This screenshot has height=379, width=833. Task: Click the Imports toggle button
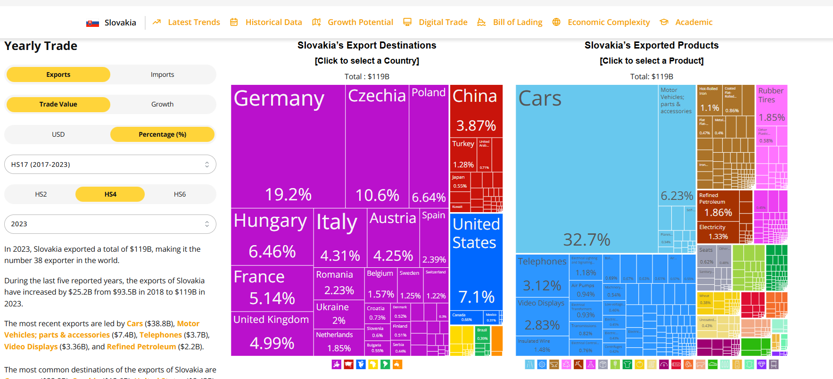pyautogui.click(x=162, y=74)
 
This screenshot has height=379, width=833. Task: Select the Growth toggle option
pyautogui.click(x=162, y=104)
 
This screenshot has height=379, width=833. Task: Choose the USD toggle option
pyautogui.click(x=58, y=134)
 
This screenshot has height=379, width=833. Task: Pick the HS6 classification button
pyautogui.click(x=180, y=194)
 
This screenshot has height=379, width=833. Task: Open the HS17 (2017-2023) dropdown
pyautogui.click(x=110, y=165)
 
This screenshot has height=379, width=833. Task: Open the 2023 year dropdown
pyautogui.click(x=110, y=224)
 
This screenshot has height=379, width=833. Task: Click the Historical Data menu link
pyautogui.click(x=273, y=22)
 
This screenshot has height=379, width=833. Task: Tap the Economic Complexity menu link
pyautogui.click(x=608, y=22)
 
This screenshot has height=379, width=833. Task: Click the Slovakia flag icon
pyautogui.click(x=92, y=23)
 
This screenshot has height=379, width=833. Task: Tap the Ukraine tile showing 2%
pyautogui.click(x=338, y=313)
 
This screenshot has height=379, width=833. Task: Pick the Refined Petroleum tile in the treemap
pyautogui.click(x=718, y=205)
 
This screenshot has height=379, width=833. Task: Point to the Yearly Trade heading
pyautogui.click(x=41, y=46)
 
